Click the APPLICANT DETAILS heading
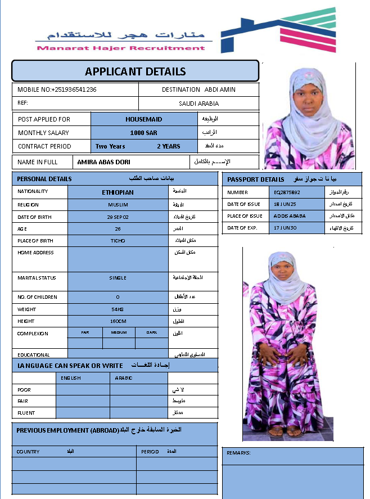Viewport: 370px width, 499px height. click(x=135, y=71)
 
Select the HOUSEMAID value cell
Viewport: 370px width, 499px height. click(x=143, y=119)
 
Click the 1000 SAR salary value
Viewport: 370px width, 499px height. click(x=143, y=133)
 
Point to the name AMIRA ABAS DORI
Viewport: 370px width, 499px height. click(x=104, y=162)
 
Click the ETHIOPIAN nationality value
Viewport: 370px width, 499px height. click(x=118, y=192)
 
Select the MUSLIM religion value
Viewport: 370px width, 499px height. click(x=118, y=205)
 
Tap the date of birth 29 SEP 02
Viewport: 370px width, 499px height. click(x=118, y=217)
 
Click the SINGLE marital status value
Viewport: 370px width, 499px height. click(x=118, y=278)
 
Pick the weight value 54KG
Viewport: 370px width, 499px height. click(x=118, y=309)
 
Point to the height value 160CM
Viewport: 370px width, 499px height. click(x=118, y=321)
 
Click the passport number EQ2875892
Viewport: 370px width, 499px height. click(x=287, y=192)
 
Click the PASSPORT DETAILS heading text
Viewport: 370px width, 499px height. click(x=256, y=179)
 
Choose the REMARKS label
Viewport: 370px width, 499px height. click(x=238, y=453)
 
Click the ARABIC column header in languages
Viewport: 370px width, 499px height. click(x=124, y=378)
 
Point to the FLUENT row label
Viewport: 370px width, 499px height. click(x=26, y=413)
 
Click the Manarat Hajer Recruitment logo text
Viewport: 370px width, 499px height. click(x=121, y=48)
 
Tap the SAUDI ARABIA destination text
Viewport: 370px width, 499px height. click(x=198, y=104)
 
